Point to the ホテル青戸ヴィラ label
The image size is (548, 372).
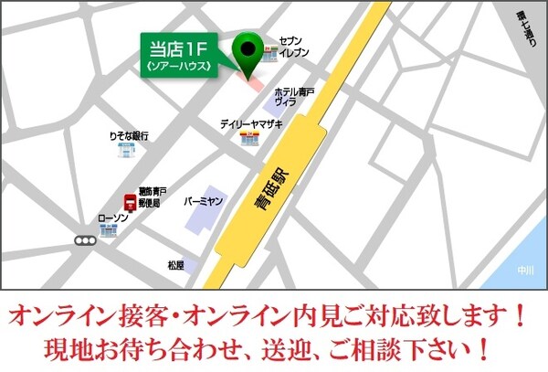pos(294,98)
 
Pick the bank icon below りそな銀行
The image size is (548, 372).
pos(124,151)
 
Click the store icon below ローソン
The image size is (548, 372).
pos(109,233)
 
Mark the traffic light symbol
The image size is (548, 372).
pos(86,241)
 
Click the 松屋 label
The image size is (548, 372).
pos(176,265)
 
